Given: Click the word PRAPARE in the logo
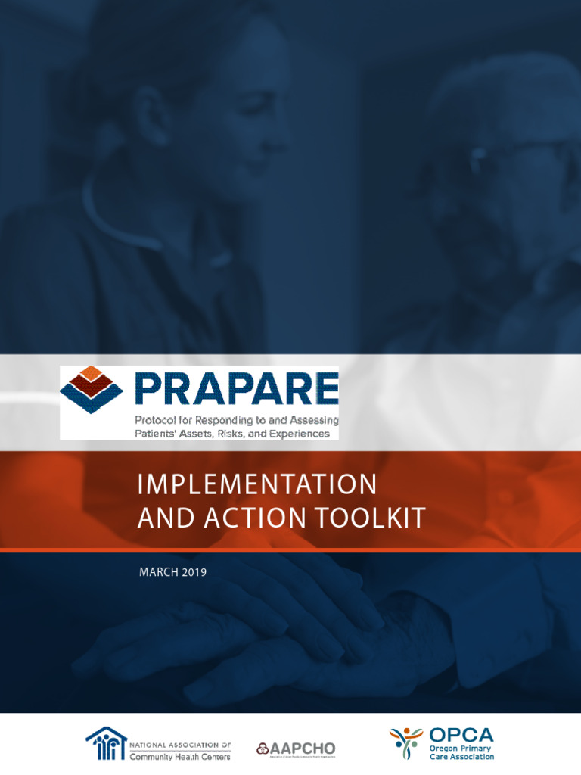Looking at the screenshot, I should click(x=236, y=389).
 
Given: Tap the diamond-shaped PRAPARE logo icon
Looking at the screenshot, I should click(x=91, y=389).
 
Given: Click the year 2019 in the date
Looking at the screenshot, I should click(x=193, y=572).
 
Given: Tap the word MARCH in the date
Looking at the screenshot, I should click(x=157, y=572).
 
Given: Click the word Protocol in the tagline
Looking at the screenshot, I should click(x=157, y=420).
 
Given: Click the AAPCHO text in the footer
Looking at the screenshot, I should click(x=302, y=749).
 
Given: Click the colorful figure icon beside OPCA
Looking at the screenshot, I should click(x=407, y=743).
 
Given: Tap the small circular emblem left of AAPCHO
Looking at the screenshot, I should click(x=262, y=749).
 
